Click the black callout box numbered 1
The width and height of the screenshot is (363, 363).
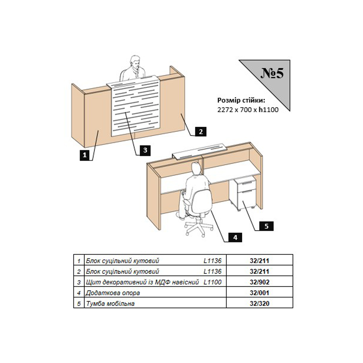pos(85,155)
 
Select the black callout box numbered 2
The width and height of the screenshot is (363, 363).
pos(201,131)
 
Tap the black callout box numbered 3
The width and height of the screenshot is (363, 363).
pos(145,150)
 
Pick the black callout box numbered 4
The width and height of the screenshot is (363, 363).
pos(235,237)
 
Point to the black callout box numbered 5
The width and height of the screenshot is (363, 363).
pos(266,226)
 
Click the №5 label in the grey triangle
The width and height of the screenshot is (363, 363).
pos(272,73)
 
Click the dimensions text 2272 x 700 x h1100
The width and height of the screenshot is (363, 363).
pos(248,110)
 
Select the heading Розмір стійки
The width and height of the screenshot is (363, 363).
pos(241,100)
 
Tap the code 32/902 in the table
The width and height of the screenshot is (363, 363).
pos(259,282)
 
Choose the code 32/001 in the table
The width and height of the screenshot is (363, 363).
pos(259,293)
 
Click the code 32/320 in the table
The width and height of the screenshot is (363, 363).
pos(259,304)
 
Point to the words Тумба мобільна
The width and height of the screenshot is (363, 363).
pos(110,304)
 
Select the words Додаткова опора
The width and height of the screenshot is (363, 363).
pos(113,293)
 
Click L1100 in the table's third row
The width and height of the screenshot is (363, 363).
pos(213,282)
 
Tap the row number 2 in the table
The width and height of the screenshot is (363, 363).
pos(79,272)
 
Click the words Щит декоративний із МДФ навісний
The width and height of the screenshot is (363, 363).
pos(142,282)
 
